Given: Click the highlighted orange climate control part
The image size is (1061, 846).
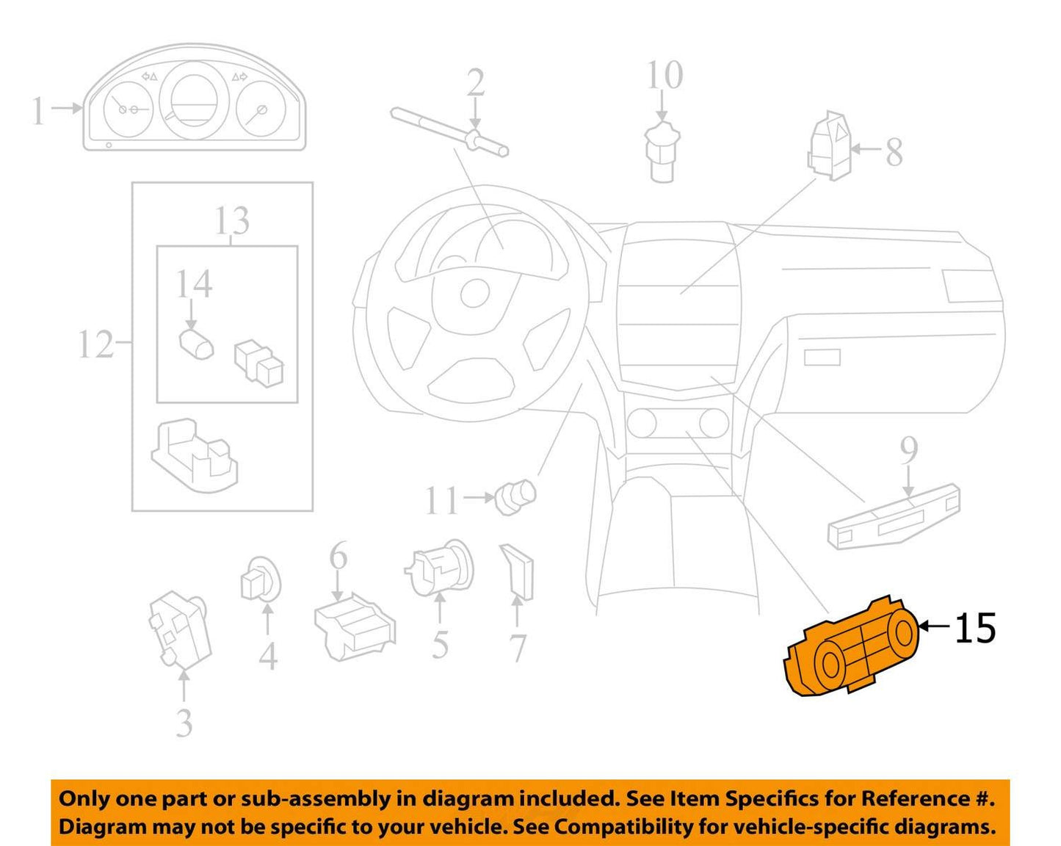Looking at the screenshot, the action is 852,648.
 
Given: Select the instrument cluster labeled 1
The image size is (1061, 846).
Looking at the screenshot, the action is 195,97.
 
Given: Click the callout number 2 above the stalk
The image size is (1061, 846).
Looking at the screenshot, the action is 476,82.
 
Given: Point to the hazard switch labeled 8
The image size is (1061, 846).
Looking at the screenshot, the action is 830,145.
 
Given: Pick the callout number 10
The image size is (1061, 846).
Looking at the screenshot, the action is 665,75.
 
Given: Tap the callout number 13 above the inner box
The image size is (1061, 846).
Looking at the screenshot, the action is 232,220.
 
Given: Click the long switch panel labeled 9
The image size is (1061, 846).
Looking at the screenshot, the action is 894,516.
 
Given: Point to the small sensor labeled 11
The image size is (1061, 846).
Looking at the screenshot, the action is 515,496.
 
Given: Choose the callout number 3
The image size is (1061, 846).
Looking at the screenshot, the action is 184,723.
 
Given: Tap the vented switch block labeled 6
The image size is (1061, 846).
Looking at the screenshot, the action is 355,626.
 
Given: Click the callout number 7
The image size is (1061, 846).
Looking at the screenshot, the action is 518,648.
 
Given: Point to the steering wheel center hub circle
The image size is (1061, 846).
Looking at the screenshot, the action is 475,294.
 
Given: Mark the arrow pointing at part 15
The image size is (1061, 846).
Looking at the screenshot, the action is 935,626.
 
